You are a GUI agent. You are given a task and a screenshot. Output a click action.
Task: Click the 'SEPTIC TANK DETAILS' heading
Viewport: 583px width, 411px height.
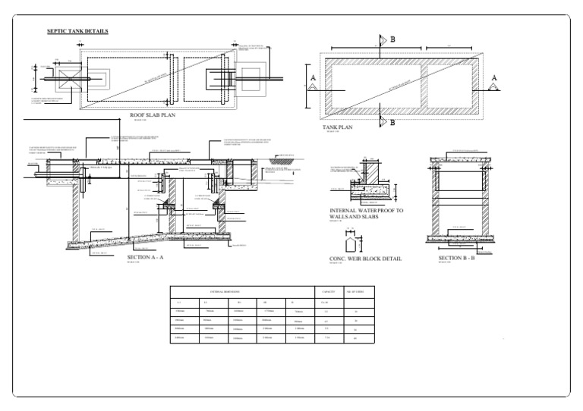[x=77, y=31]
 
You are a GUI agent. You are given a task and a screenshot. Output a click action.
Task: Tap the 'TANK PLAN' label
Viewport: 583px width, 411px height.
[x=337, y=127]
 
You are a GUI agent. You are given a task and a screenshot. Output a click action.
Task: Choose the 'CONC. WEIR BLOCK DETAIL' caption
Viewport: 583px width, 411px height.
[x=365, y=259]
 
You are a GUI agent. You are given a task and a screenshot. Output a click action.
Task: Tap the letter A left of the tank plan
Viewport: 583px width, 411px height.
[x=313, y=78]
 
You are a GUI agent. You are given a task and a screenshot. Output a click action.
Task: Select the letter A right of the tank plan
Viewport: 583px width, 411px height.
[x=493, y=78]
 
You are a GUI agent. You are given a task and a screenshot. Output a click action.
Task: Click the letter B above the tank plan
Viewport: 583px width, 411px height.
[x=392, y=39]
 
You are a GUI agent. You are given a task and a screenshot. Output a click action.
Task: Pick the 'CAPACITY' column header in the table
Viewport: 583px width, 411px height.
[x=329, y=291]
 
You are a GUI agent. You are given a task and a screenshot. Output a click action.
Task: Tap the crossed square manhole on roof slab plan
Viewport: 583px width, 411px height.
[x=58, y=79]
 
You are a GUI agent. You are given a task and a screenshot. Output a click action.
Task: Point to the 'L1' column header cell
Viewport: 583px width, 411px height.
[x=178, y=302]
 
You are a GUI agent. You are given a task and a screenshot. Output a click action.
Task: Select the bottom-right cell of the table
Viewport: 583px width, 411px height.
[x=356, y=337]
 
